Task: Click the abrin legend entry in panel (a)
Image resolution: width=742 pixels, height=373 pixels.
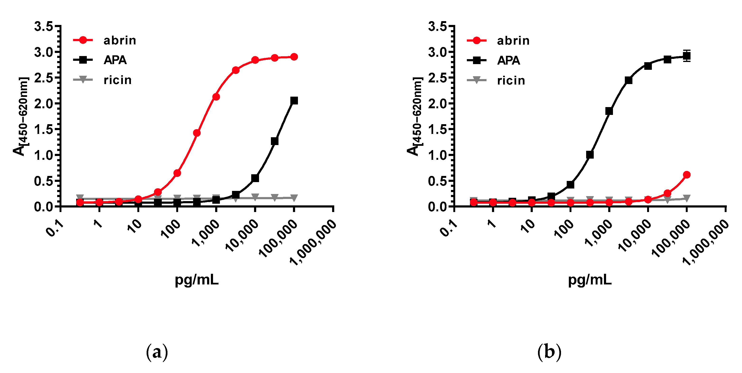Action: click(x=119, y=40)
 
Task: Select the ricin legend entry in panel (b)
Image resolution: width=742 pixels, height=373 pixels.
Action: click(x=511, y=80)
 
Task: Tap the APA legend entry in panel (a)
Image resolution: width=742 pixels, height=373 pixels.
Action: click(x=115, y=60)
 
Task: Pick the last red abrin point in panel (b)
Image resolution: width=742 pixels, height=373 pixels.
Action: click(x=687, y=175)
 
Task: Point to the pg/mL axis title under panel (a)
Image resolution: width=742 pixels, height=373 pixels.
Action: click(x=197, y=279)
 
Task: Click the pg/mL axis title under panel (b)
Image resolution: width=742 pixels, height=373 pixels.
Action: click(x=590, y=279)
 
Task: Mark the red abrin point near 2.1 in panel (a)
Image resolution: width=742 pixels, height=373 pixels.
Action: click(x=216, y=97)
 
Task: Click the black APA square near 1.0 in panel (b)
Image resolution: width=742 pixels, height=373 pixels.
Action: click(x=590, y=155)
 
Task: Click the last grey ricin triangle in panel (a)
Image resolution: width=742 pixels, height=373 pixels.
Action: click(x=294, y=198)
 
